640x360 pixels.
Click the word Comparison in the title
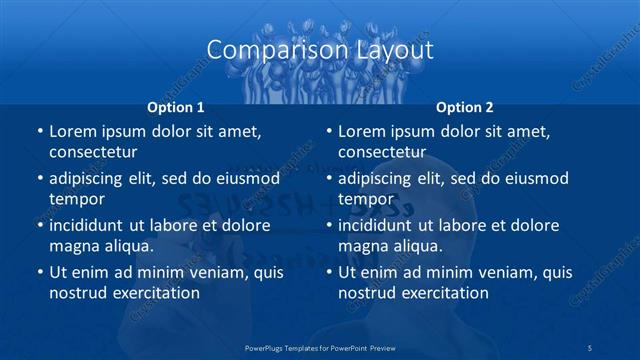pos(264,50)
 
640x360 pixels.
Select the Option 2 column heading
pos(465,107)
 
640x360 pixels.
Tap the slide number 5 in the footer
pos(591,347)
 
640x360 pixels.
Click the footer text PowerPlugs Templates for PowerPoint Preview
pos(320,347)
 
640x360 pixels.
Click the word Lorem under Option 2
pos(362,132)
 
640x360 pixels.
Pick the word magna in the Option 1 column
pos(72,246)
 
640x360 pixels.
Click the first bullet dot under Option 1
pos(39,132)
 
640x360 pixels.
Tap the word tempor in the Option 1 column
pos(77,199)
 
